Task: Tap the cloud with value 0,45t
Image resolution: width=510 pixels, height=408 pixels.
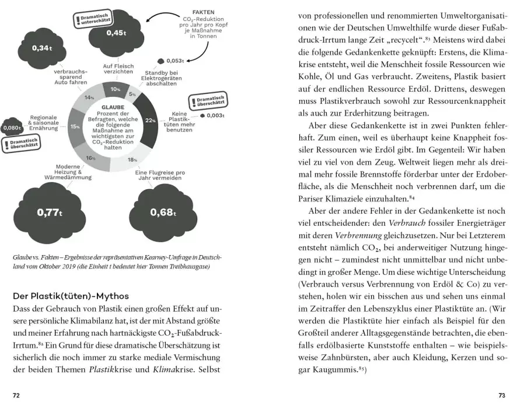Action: tap(117, 33)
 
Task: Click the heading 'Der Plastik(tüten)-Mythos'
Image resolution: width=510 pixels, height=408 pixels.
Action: tap(71, 295)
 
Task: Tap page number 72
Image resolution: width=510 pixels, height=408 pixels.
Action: tap(16, 395)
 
